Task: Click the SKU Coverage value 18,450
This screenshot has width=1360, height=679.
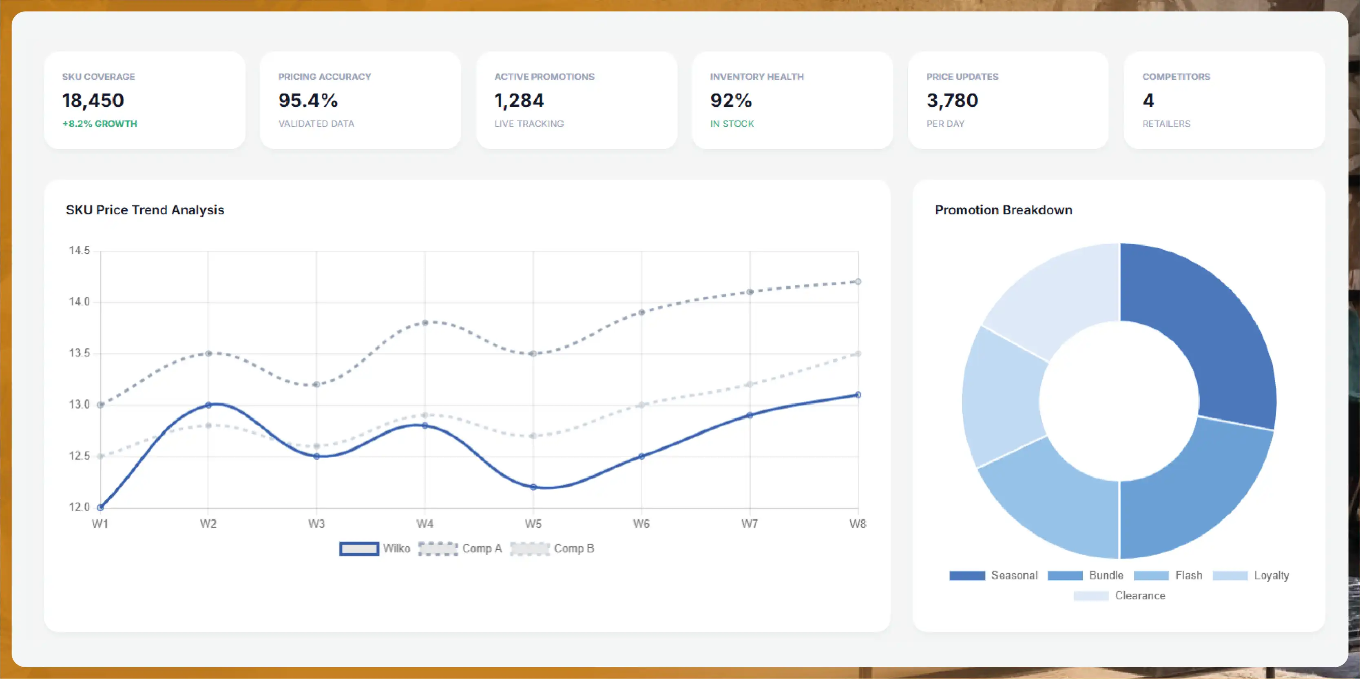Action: coord(93,100)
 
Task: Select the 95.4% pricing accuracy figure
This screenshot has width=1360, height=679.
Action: coord(308,100)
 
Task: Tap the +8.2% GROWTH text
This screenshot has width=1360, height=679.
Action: coord(100,124)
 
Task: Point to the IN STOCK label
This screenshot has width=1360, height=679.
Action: coord(732,124)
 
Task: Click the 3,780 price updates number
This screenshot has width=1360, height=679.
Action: coord(952,100)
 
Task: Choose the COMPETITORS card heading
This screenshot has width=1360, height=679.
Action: coord(1176,77)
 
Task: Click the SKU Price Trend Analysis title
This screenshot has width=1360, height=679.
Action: coord(145,210)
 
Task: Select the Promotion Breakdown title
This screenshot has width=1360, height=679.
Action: coord(1004,210)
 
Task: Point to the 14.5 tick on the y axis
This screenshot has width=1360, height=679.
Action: coord(80,250)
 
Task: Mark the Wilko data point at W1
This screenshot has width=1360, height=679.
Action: coord(100,507)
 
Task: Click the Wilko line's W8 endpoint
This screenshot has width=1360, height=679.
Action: coord(858,395)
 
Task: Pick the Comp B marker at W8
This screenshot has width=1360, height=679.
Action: coord(858,354)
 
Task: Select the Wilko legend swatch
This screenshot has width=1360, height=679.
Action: coord(359,548)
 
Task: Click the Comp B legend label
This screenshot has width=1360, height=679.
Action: coord(574,548)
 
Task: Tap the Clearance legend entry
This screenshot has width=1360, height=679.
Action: coord(1119,596)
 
